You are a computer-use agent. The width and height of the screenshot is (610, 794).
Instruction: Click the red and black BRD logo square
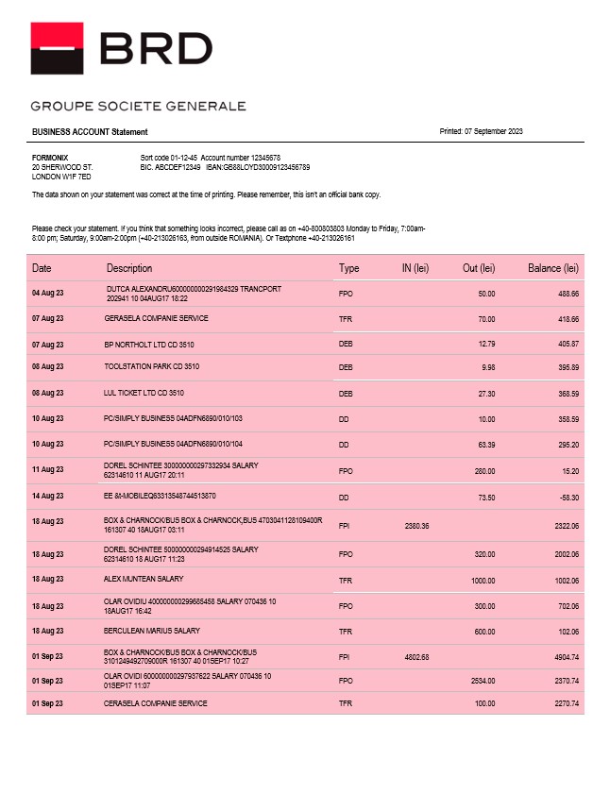point(58,48)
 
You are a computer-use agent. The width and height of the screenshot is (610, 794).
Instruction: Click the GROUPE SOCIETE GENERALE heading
point(138,106)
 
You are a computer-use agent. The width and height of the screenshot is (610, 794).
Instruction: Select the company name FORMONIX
point(50,158)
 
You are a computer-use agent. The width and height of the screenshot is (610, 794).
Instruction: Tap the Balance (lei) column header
point(552,268)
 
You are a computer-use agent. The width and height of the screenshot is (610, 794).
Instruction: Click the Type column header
point(348,268)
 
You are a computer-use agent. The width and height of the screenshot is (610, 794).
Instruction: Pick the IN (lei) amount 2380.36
point(416,525)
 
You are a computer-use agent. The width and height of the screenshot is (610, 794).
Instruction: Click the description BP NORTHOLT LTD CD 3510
point(148,345)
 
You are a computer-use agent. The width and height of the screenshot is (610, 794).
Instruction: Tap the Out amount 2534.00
point(482,680)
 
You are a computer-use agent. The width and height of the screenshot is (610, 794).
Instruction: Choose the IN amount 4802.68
point(416,656)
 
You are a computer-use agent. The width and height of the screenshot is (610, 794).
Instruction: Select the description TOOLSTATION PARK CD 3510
point(151,366)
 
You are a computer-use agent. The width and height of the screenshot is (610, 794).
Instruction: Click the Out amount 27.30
point(485,393)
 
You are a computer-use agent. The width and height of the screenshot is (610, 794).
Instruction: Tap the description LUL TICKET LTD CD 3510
point(144,393)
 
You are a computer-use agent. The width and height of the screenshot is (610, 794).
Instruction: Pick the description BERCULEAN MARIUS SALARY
point(152,631)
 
